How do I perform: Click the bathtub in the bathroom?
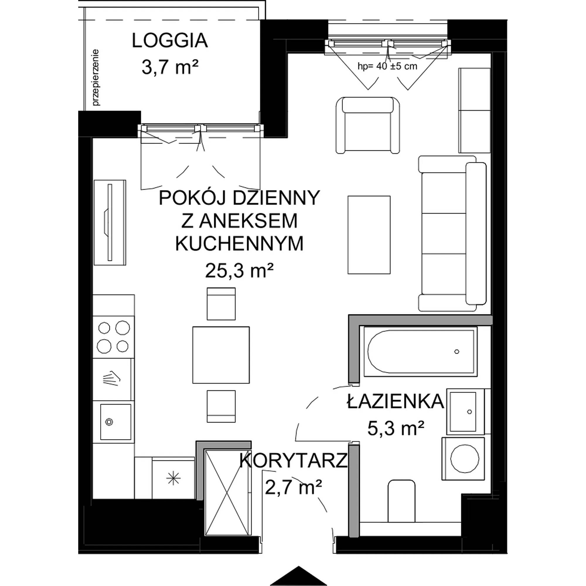point(420,352)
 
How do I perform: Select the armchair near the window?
point(368,125)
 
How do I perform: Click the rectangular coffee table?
point(369,235)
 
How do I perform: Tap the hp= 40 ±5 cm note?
point(387,66)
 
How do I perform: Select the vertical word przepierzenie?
point(96,78)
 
